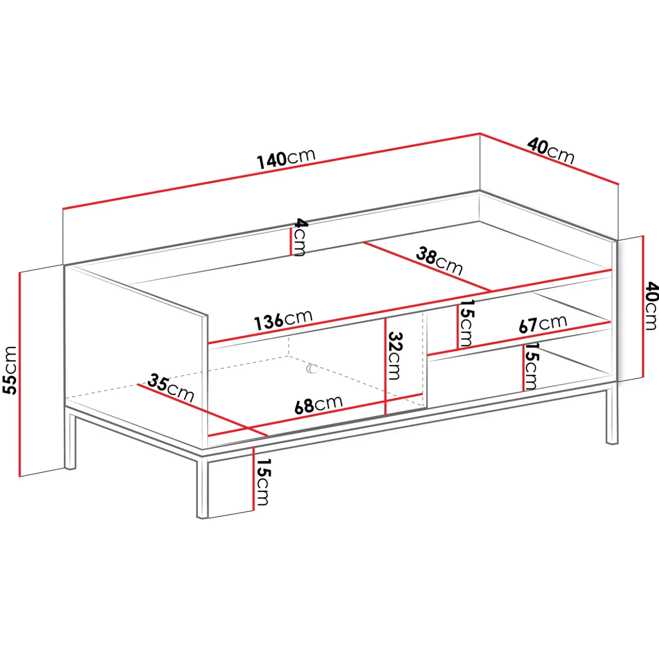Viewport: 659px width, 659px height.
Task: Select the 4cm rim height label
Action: click(301, 237)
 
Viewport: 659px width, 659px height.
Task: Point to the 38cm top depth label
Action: click(439, 261)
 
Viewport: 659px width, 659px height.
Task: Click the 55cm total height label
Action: click(10, 370)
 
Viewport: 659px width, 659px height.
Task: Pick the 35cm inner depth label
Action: click(171, 388)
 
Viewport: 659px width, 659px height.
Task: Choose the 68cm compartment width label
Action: click(318, 404)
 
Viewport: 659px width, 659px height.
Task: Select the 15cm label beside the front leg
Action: click(263, 482)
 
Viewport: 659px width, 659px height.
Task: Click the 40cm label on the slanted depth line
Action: click(551, 151)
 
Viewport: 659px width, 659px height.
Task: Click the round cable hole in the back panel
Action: click(312, 369)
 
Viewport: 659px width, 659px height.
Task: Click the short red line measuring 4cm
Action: click(291, 241)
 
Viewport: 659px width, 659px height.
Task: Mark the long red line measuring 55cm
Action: click(20, 374)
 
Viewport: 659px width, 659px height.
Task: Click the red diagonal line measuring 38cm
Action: click(427, 267)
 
